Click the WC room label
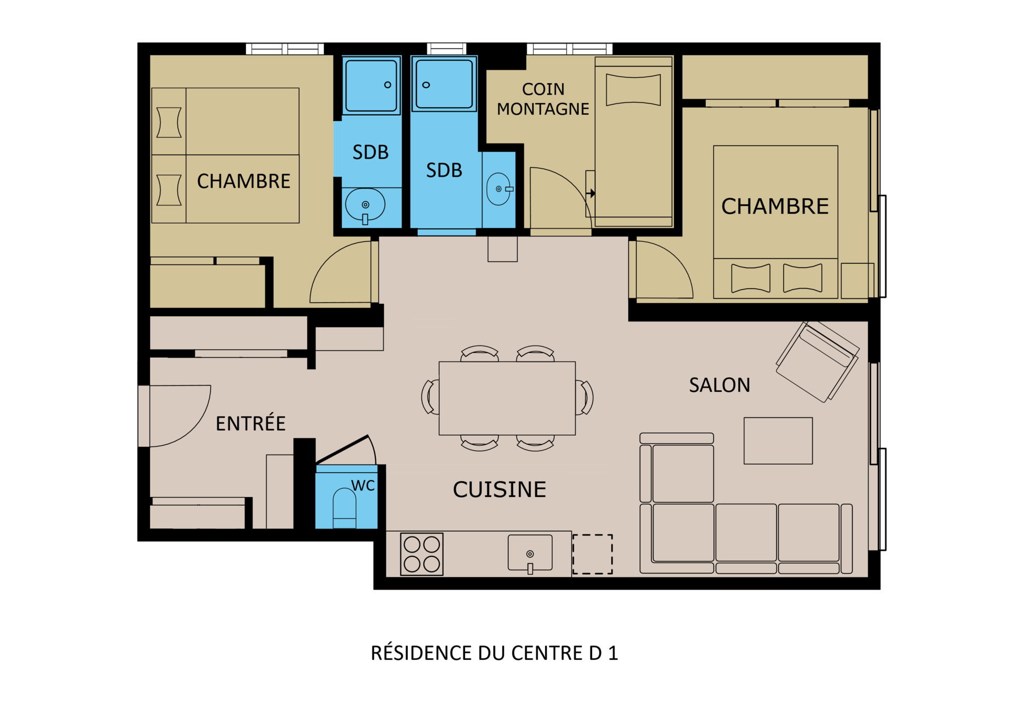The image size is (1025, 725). coord(363,485)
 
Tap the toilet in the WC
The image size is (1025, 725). coord(344,509)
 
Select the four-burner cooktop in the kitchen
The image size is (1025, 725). coord(422,554)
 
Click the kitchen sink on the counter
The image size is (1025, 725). coord(530,554)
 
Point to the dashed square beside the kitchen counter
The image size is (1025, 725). coord(593,554)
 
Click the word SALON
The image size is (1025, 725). coord(719,385)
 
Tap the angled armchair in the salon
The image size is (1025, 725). coord(817,361)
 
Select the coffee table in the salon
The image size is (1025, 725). coord(778,440)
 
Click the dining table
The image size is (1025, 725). coord(507,398)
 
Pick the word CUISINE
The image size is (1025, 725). coord(499,489)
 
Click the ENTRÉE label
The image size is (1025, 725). coord(250,423)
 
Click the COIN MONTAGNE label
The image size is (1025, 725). coord(543,99)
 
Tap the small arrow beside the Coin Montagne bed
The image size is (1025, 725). coord(591,193)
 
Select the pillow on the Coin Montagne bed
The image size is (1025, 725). coord(633,89)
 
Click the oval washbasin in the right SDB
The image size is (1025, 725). coord(499,189)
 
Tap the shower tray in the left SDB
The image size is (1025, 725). coord(371,85)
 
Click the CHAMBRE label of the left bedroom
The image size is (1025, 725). coord(243,181)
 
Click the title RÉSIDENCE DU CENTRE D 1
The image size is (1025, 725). coord(494,653)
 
